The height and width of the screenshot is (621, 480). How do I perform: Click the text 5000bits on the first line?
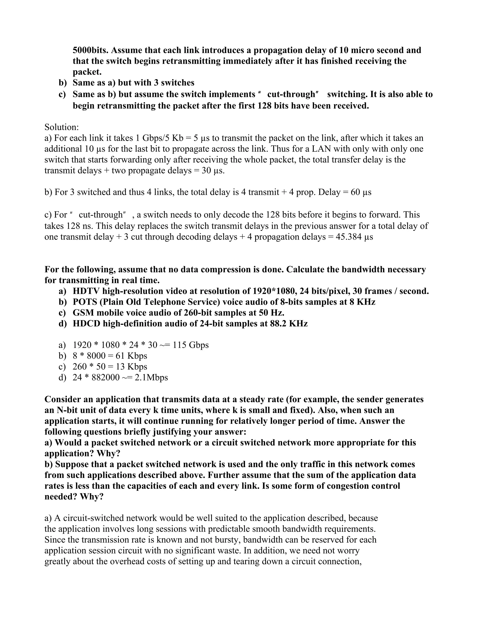pyautogui.click(x=90, y=50)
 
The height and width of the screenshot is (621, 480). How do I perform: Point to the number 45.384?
pyautogui.click(x=349, y=237)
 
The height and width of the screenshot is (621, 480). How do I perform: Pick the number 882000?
pyautogui.click(x=105, y=377)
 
